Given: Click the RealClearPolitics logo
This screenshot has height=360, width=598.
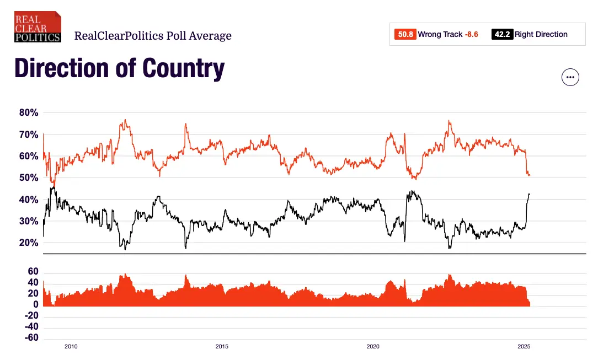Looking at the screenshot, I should coord(38,26).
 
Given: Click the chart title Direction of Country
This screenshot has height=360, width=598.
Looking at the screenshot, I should coord(119,68).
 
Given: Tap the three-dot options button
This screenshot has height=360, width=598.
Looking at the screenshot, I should coord(570,77).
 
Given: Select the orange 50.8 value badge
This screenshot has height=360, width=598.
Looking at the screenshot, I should coord(405,34).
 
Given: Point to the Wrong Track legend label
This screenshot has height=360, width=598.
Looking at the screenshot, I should coord(440,34).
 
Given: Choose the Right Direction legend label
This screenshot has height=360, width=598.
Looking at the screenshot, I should coord(541,34).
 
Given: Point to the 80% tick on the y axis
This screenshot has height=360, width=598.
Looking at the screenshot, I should coord(28,112).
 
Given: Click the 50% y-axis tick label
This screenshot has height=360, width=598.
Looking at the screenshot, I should coord(28,178).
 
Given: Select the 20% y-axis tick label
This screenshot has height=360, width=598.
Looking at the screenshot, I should coord(28,243).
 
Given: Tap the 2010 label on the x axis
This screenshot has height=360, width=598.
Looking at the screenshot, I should coord(71,347).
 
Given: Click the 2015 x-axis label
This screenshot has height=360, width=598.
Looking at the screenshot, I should coord(222,347).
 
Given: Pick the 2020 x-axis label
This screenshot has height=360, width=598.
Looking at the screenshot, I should coord(373,347).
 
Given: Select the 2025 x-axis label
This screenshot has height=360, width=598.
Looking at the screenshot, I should coord(524,347).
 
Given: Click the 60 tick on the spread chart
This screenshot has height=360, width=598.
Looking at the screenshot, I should coord(33,272).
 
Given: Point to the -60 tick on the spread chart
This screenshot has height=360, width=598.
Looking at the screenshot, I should coord(31,337).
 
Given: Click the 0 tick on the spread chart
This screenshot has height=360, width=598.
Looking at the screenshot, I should coord(35,304).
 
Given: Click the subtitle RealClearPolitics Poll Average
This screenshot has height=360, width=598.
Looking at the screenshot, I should coord(153,36).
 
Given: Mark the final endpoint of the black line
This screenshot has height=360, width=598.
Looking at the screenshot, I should coord(530,194).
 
